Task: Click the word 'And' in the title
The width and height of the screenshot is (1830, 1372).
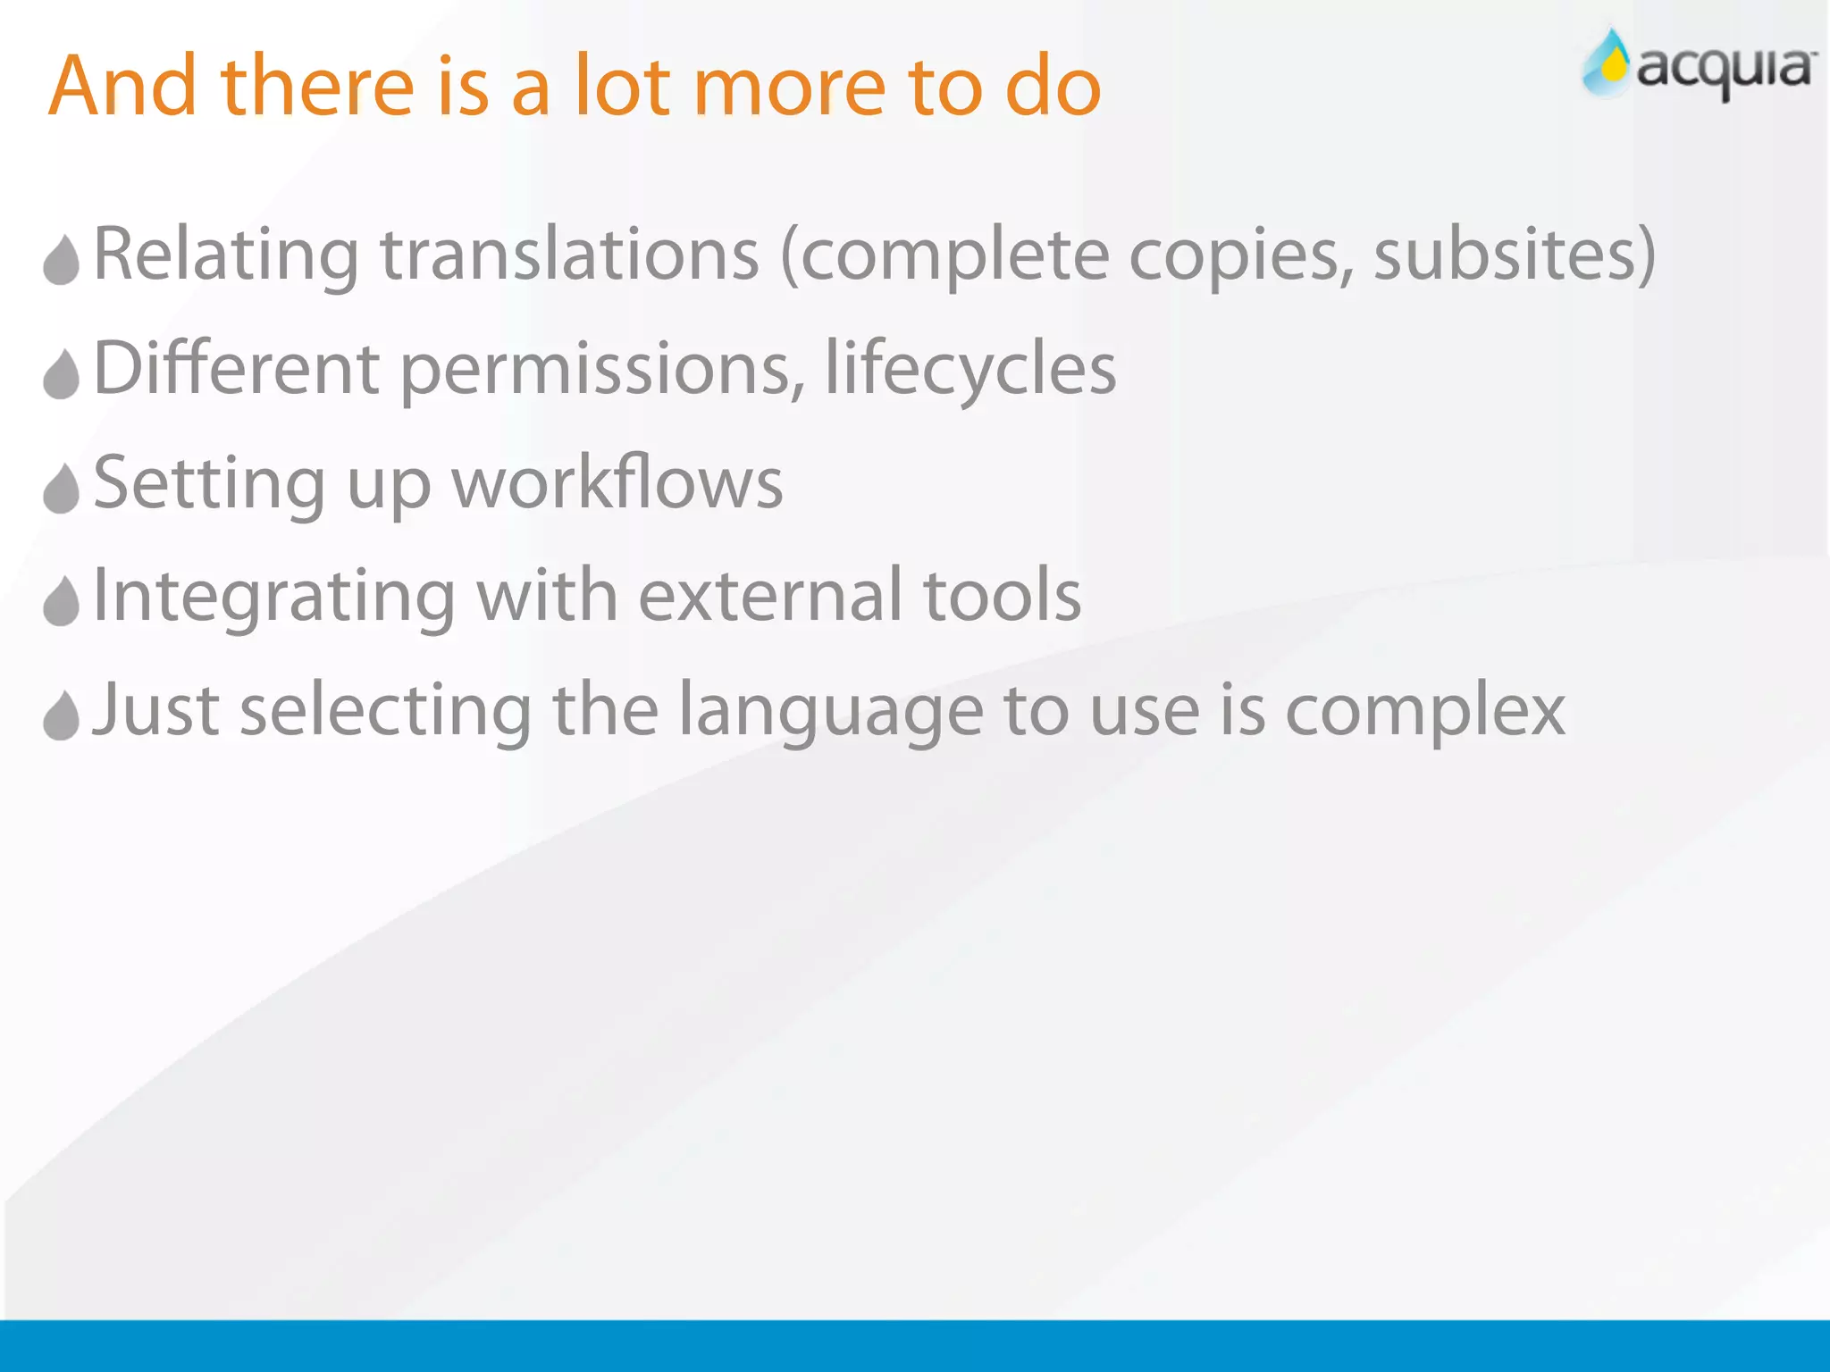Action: click(x=122, y=86)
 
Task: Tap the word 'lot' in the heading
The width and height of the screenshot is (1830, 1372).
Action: click(x=622, y=86)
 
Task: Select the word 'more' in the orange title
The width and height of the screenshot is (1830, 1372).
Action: click(x=789, y=88)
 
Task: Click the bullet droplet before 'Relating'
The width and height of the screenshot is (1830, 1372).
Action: click(x=62, y=260)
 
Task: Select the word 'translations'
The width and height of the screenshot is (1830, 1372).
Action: click(x=570, y=255)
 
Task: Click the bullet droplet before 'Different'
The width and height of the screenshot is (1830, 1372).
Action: click(x=62, y=373)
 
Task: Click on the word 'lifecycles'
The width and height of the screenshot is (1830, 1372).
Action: click(x=970, y=370)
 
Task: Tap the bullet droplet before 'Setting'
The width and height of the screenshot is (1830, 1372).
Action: click(x=62, y=488)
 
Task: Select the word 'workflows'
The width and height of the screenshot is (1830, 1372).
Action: click(x=617, y=483)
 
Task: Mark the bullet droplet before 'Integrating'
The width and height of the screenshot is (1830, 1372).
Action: click(x=62, y=600)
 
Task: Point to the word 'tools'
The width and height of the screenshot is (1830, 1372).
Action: click(x=1002, y=596)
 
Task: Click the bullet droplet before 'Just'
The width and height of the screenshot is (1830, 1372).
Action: click(x=62, y=715)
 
